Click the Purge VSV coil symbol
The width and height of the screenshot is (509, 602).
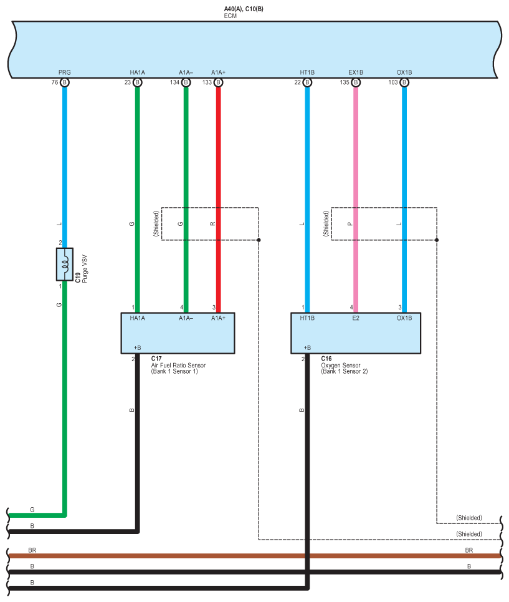(65, 265)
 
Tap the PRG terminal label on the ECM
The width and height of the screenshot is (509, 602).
(65, 72)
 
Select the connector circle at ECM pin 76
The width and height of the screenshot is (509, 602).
(65, 82)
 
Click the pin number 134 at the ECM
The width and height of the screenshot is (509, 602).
(174, 82)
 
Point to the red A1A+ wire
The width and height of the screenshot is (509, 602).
(218, 187)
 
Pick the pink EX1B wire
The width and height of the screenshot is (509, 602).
(356, 187)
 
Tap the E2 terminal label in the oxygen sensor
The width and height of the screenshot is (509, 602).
(355, 318)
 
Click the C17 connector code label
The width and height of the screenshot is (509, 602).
(156, 359)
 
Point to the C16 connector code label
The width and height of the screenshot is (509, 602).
(326, 359)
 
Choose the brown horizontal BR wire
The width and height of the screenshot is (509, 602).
(249, 556)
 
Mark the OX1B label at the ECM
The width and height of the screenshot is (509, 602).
(404, 72)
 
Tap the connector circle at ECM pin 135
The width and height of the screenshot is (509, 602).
(356, 82)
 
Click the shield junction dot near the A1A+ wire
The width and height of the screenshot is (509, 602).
(259, 240)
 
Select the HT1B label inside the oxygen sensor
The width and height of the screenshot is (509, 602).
(307, 318)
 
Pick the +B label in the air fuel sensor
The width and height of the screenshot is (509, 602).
(138, 347)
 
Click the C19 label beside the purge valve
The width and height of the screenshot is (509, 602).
(78, 277)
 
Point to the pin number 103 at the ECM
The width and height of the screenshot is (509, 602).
(392, 82)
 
